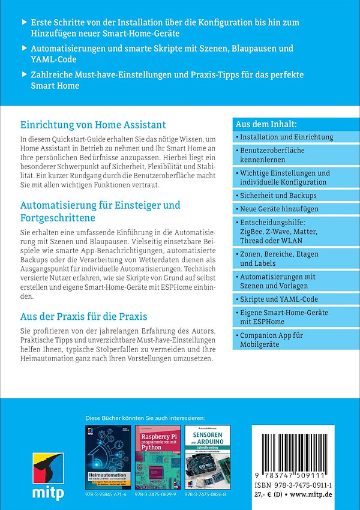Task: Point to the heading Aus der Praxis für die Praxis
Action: [x=84, y=316]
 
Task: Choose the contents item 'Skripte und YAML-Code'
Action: [x=279, y=299]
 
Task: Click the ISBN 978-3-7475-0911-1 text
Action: [x=295, y=483]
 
